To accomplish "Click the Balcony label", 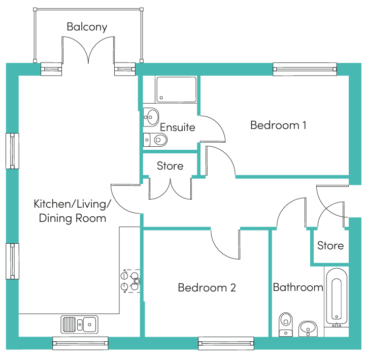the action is [87, 27].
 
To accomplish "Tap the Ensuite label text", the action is [178, 127].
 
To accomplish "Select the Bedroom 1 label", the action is [278, 125].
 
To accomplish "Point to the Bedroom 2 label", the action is [207, 288].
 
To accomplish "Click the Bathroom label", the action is [298, 287].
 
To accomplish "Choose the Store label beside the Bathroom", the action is [330, 246].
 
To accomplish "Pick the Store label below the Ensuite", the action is [170, 166].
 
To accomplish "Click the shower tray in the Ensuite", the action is [177, 90].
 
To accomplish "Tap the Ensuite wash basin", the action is [151, 117].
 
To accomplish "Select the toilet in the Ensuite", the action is [155, 140].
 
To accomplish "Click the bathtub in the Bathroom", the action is [337, 297].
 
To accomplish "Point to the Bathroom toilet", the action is [286, 324].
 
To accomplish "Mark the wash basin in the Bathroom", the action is [308, 329].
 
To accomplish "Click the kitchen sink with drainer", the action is [79, 324].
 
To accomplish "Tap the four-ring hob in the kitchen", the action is [130, 281].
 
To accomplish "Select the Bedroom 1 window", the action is [305, 69].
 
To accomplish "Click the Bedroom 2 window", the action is [226, 343].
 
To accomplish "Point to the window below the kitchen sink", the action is [80, 343].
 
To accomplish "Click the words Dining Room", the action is [73, 218].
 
